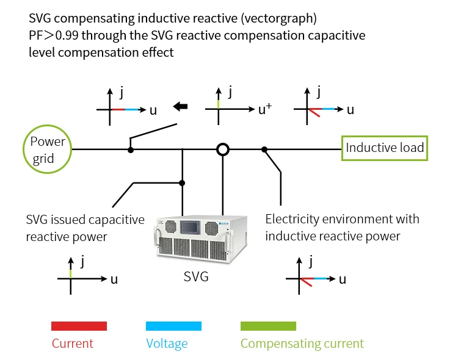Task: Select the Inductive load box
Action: [384, 148]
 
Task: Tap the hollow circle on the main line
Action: [224, 149]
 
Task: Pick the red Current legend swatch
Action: [79, 326]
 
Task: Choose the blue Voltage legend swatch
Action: [173, 326]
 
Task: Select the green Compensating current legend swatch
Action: [268, 326]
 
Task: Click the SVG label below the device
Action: [196, 276]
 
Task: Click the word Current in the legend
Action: [73, 344]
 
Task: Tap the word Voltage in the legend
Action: [167, 344]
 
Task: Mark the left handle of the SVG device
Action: [156, 237]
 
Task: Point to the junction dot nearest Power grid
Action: [130, 149]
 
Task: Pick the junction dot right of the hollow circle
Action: [264, 149]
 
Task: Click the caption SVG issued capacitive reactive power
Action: [85, 228]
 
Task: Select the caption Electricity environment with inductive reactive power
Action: [342, 228]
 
